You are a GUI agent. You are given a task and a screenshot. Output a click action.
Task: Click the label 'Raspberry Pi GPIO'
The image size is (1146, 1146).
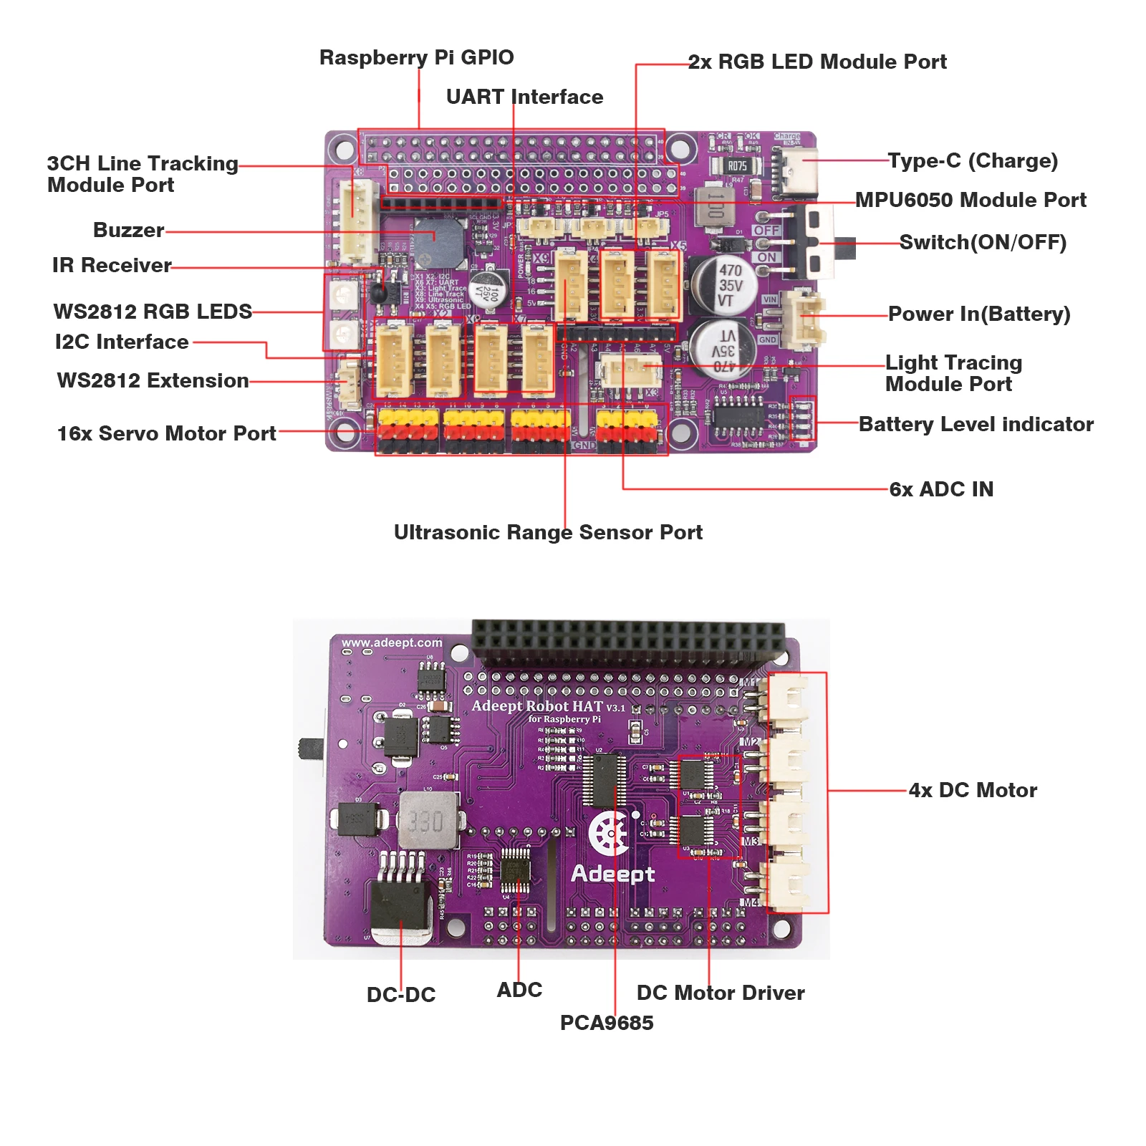[x=416, y=57]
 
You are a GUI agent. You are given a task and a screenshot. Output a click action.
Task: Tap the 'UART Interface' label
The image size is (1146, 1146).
[x=524, y=97]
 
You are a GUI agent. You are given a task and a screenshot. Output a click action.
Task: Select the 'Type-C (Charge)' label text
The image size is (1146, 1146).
[x=973, y=160]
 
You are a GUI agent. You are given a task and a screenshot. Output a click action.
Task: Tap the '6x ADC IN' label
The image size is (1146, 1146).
[x=941, y=489]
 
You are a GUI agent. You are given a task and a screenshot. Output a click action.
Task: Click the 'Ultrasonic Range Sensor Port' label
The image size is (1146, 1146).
[x=548, y=532]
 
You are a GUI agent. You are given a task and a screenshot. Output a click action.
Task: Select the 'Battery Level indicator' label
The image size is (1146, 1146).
[x=976, y=424]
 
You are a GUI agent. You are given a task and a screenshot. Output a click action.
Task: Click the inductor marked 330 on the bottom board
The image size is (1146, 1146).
[x=428, y=820]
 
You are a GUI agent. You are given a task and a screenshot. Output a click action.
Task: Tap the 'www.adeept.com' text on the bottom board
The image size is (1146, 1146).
[x=392, y=642]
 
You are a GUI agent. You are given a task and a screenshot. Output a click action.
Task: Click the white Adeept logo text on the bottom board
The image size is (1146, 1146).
[x=613, y=873]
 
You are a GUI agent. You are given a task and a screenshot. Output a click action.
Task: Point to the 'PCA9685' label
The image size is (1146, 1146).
[x=607, y=1022]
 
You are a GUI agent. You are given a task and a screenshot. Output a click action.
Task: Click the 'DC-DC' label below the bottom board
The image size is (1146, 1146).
[x=401, y=994]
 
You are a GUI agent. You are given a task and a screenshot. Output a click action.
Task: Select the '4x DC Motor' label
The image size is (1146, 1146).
[x=973, y=790]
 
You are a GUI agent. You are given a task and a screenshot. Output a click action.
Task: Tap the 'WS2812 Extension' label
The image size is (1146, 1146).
[x=153, y=380]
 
